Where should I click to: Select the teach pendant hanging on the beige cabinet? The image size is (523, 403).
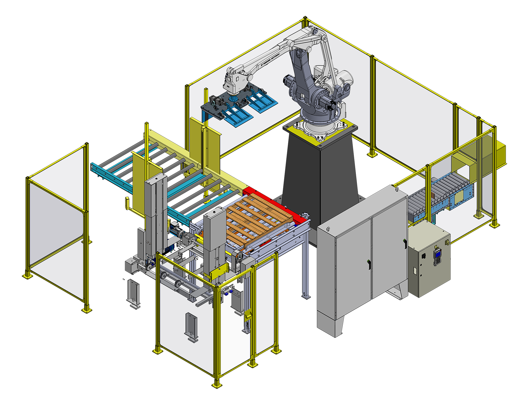[437, 256]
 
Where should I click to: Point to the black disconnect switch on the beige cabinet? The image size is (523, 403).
[423, 257]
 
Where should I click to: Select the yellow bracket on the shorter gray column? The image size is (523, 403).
[219, 273]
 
